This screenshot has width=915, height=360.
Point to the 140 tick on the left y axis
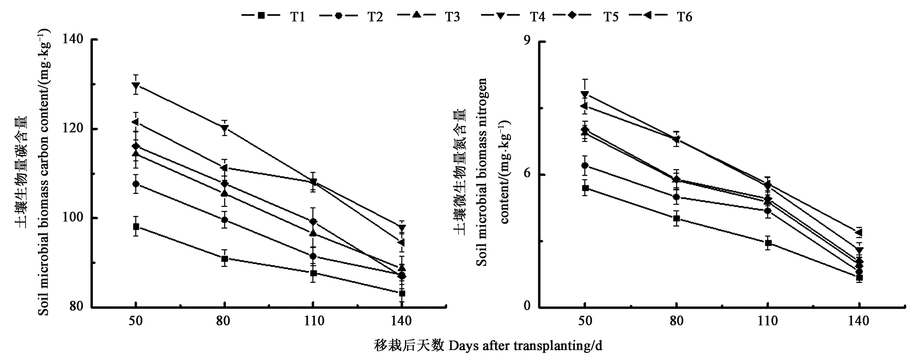pos(72,39)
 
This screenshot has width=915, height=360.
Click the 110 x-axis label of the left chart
pos(313,321)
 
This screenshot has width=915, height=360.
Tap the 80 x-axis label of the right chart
pos(676,321)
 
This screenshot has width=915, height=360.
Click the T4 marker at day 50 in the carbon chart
pos(136,85)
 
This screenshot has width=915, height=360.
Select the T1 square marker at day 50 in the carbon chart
pos(136,226)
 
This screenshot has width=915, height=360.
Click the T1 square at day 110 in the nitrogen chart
pos(768,243)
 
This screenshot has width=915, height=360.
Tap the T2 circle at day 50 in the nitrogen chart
pos(585,165)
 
